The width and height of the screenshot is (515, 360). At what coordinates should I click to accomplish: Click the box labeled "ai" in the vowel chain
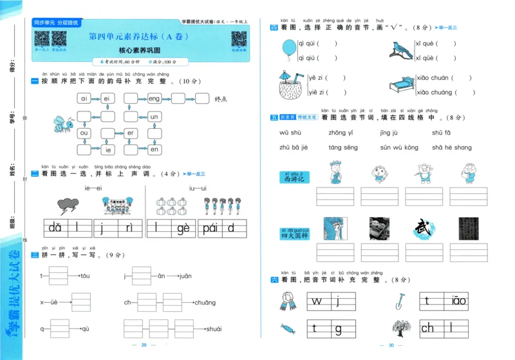pyautogui.click(x=84, y=99)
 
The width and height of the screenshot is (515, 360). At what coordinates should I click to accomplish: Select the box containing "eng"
pyautogui.click(x=154, y=99)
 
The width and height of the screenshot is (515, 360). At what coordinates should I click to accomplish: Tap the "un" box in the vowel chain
pyautogui.click(x=154, y=117)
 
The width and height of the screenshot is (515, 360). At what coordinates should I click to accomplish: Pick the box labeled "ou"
pyautogui.click(x=84, y=133)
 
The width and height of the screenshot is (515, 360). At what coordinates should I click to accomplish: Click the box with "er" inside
pyautogui.click(x=130, y=133)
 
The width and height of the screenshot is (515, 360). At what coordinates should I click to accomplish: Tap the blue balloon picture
pyautogui.click(x=287, y=48)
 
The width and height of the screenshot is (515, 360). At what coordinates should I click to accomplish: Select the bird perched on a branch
pyautogui.click(x=402, y=49)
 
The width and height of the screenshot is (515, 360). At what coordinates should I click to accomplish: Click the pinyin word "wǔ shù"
pyautogui.click(x=290, y=133)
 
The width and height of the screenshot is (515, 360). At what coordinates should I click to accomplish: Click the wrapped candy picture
pyautogui.click(x=287, y=328)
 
